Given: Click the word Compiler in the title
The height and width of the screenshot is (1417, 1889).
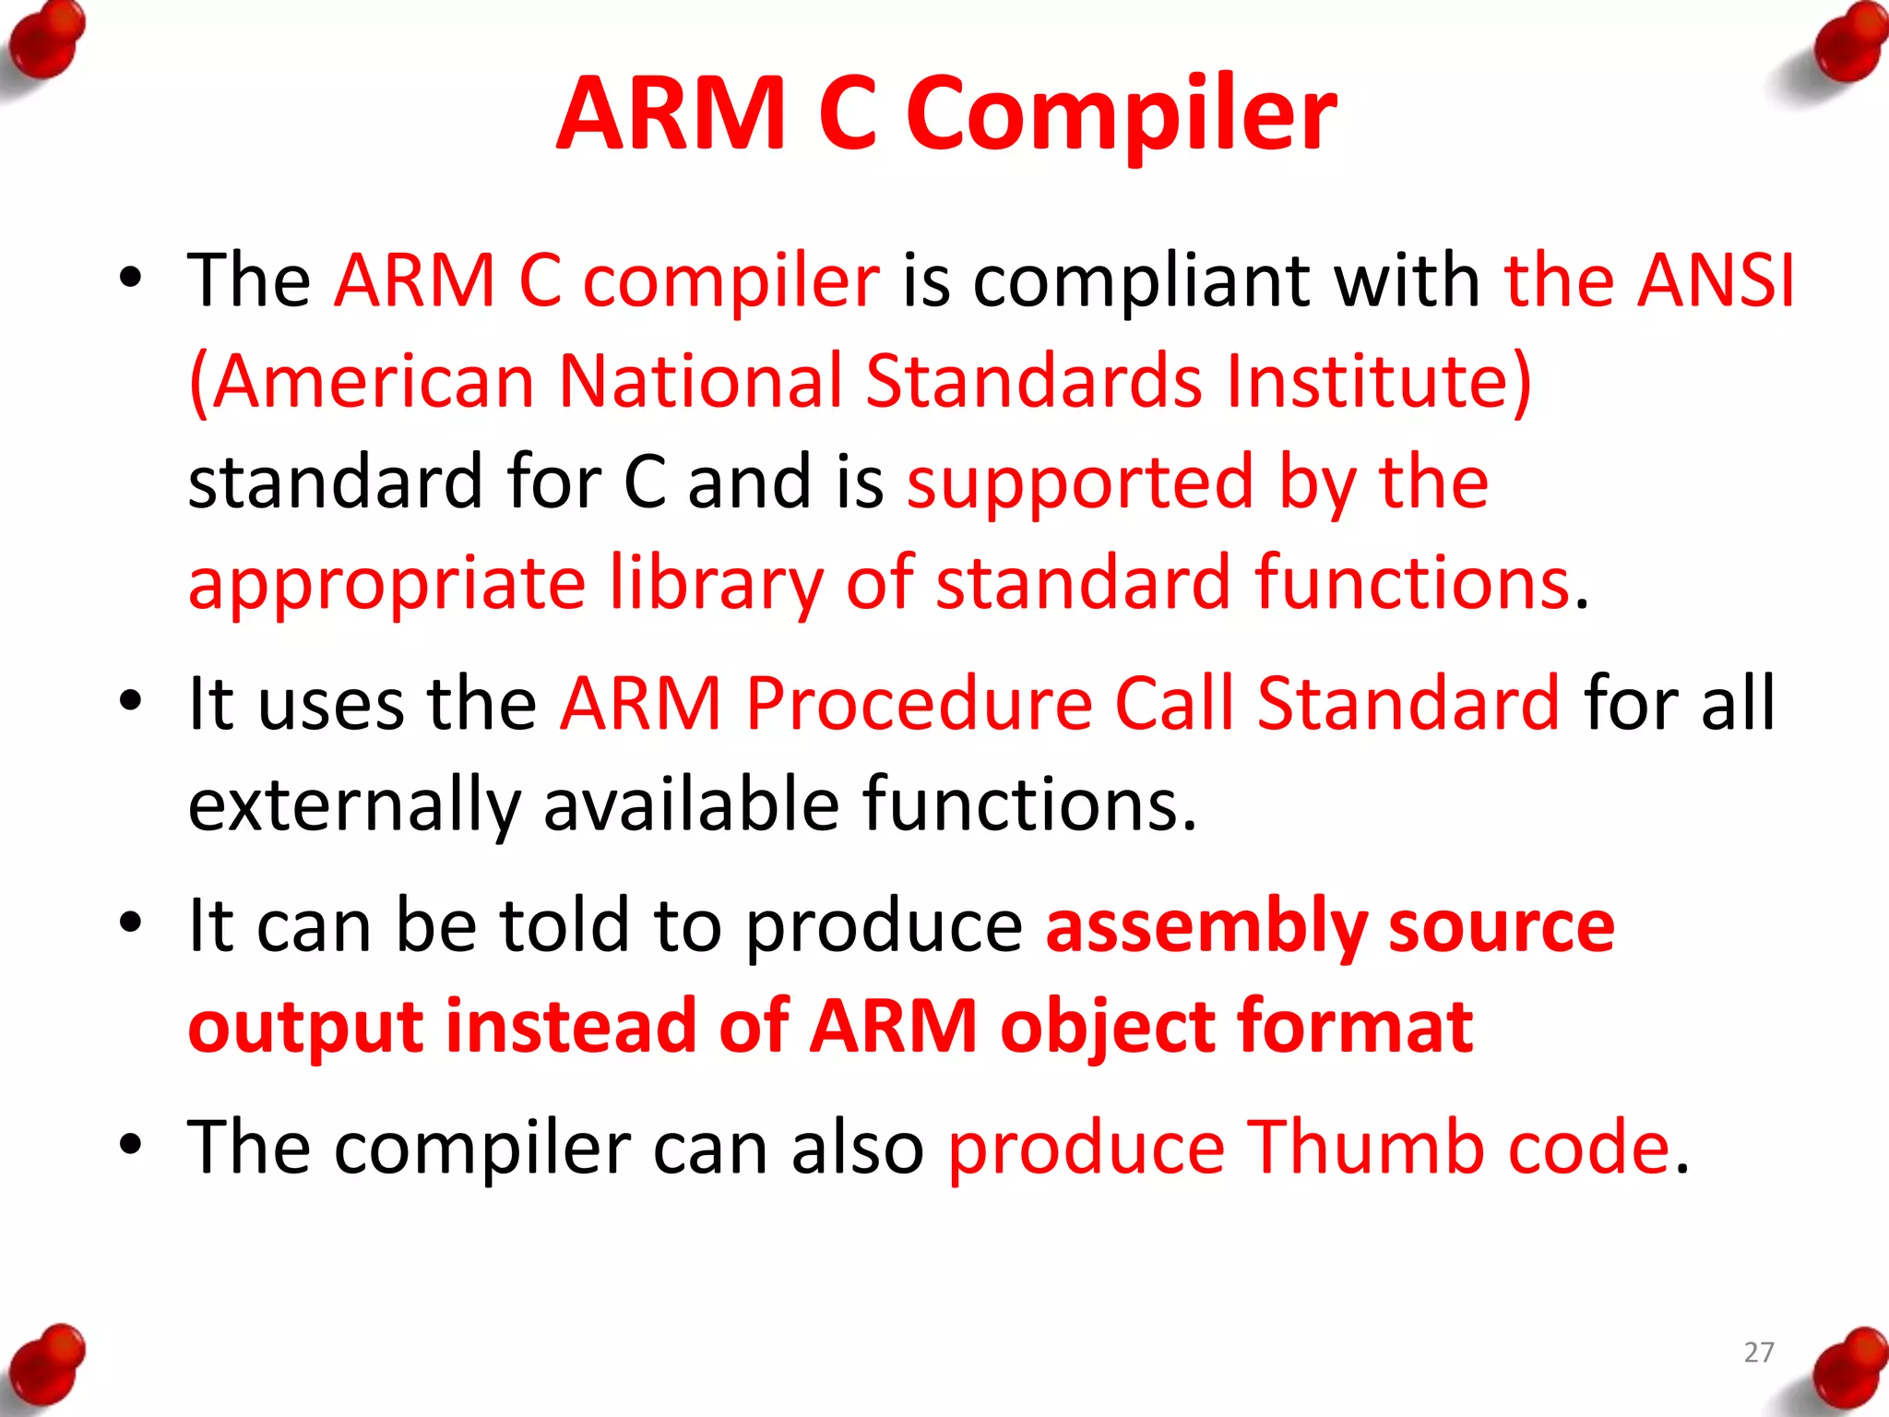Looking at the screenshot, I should (1121, 114).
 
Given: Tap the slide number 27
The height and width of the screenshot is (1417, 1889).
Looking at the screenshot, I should (1759, 1352).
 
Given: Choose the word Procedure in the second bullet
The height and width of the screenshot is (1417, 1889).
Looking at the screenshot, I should (919, 703).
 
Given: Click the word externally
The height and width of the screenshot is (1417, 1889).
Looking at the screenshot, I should (354, 804).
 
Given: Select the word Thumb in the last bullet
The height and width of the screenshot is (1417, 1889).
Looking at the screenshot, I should (1365, 1147).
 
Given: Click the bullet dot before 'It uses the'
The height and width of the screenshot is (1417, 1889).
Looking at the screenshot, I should (131, 701).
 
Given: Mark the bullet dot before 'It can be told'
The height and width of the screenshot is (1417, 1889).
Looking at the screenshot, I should (131, 923).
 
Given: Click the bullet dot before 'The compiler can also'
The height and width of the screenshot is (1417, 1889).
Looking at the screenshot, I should (131, 1145).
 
